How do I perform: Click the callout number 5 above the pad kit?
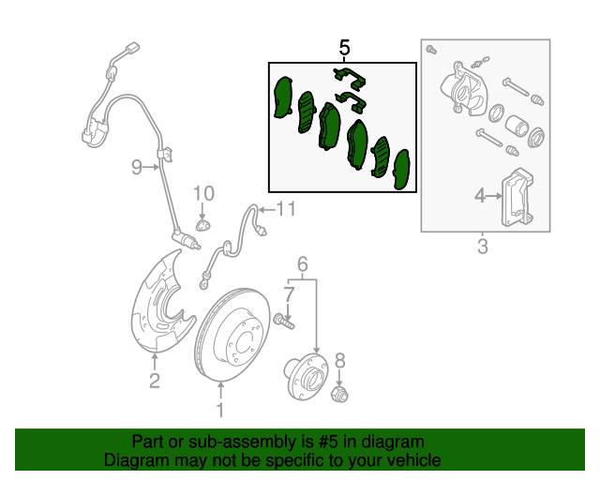click(344, 48)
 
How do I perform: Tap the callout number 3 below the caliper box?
click(483, 247)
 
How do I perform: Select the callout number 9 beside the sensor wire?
click(137, 167)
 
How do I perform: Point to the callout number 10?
click(203, 194)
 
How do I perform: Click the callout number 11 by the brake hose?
click(286, 209)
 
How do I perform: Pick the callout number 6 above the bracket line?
click(302, 264)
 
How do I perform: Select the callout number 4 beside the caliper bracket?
click(480, 196)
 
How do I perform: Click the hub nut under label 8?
click(339, 395)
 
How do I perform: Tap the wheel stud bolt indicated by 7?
click(284, 322)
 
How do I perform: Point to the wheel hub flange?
click(307, 376)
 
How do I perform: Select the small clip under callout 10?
click(203, 225)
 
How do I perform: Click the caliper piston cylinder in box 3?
click(517, 126)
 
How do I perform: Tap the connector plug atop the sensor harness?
click(132, 49)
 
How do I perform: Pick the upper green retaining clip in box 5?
click(350, 80)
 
